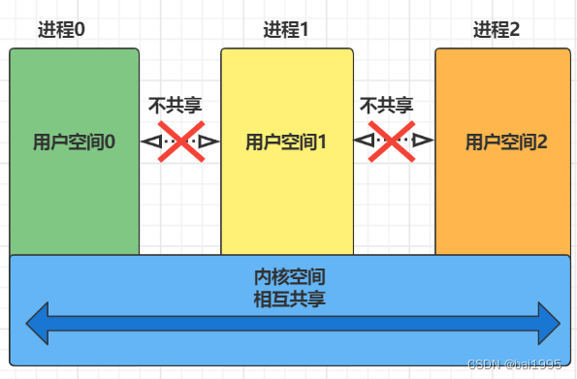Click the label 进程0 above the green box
click(61, 28)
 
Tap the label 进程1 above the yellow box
click(286, 28)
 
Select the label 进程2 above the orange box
click(497, 28)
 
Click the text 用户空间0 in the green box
click(74, 142)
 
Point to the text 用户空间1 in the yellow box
click(285, 142)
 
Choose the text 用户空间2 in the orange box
click(506, 142)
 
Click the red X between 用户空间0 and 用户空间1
click(180, 142)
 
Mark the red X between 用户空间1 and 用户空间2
click(393, 142)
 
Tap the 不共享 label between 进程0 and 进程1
click(175, 105)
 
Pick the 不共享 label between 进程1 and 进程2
click(386, 105)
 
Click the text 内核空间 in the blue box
click(288, 278)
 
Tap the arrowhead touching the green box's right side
click(150, 142)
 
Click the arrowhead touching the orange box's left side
click(424, 142)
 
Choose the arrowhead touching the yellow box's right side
click(363, 142)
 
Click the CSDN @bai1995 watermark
click(514, 363)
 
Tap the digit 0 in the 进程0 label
click(80, 28)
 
